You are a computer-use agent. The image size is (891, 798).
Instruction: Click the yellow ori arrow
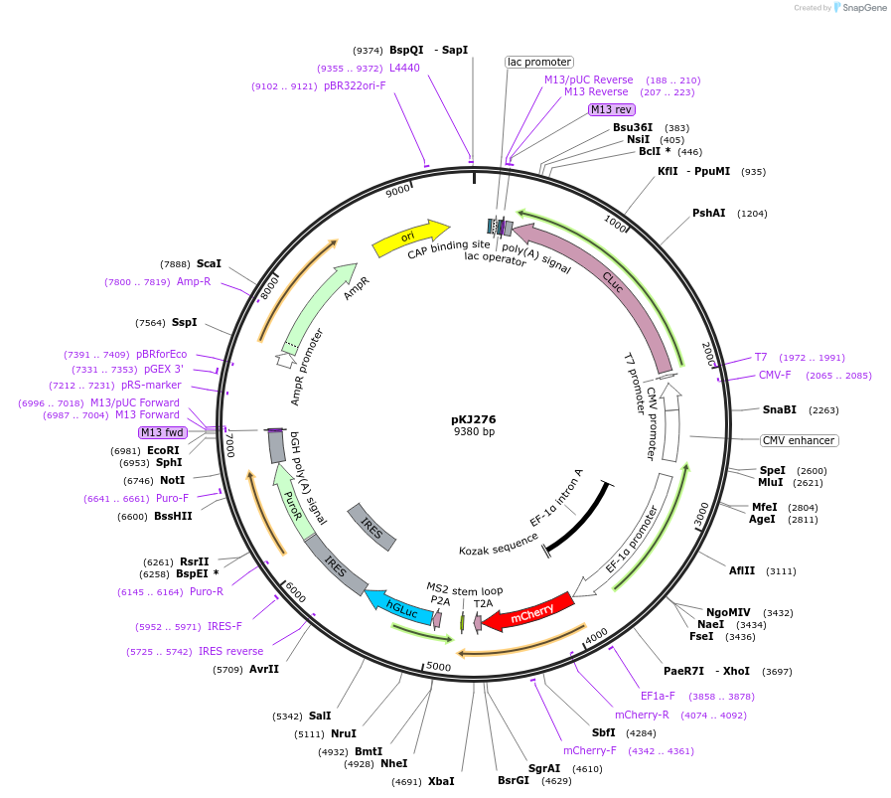tap(410, 238)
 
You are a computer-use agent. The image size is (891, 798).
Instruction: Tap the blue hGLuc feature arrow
tap(399, 608)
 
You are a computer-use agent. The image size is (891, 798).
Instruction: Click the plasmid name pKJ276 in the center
tap(474, 419)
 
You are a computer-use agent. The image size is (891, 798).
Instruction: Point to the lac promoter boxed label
tap(539, 62)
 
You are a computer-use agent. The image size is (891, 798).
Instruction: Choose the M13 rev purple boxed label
tap(612, 109)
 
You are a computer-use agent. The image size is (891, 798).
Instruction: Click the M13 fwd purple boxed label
tap(163, 432)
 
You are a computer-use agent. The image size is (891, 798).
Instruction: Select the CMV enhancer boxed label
tap(799, 440)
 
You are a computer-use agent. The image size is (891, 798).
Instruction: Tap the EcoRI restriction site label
tap(163, 450)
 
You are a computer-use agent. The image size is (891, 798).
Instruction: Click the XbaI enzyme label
tap(441, 781)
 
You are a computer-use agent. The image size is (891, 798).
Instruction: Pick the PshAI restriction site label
tap(708, 213)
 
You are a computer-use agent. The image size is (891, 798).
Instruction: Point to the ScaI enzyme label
tap(209, 263)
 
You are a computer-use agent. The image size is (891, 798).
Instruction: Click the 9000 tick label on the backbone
tap(397, 191)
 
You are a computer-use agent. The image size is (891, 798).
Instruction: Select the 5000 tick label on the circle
tap(438, 667)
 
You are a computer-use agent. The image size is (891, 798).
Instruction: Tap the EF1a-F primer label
tap(658, 696)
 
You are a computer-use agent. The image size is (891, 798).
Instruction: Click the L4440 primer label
tap(404, 68)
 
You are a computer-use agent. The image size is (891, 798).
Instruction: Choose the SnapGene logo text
tap(864, 7)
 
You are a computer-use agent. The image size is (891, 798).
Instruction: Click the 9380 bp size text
tap(474, 431)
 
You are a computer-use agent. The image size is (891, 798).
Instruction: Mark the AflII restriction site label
tap(742, 570)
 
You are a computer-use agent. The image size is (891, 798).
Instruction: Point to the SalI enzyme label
tap(320, 716)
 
